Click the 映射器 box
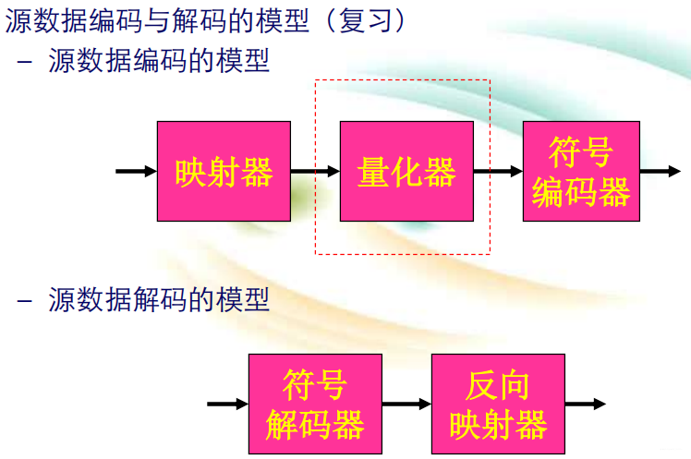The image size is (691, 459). click(224, 171)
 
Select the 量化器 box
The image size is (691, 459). click(406, 171)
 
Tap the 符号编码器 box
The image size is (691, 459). click(581, 171)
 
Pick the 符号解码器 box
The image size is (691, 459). click(315, 404)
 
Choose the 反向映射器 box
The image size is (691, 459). click(498, 404)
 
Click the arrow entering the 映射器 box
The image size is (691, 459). click(136, 171)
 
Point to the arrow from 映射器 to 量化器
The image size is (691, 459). click(315, 171)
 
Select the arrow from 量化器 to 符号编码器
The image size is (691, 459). click(498, 171)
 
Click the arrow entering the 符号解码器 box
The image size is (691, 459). click(227, 404)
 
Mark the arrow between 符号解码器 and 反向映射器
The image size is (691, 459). click(406, 404)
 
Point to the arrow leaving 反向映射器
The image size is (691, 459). click(585, 404)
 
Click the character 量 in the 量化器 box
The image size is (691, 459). click(373, 172)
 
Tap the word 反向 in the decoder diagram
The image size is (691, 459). click(499, 386)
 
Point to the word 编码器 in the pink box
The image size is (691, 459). click(581, 192)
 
